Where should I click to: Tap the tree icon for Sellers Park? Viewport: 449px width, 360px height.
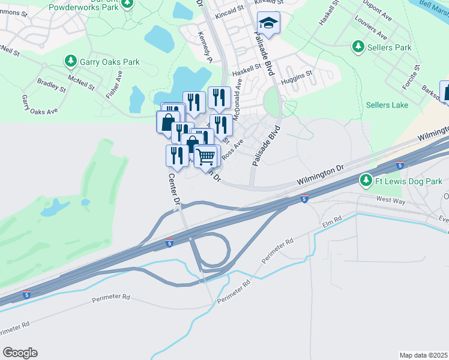point(358,46)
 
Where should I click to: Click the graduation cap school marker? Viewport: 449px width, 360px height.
point(268,23)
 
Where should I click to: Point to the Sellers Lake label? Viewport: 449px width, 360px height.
point(387,105)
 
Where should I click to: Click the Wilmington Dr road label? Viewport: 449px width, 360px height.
point(319,176)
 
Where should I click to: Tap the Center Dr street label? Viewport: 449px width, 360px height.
point(175,190)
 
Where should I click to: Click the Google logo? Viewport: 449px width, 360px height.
point(20,353)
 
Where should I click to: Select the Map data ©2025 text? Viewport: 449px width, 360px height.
point(424,355)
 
